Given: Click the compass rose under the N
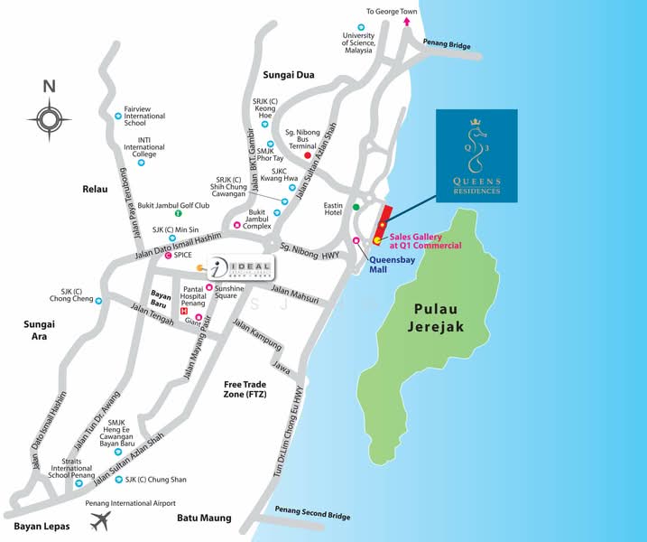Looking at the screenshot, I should (x=49, y=118).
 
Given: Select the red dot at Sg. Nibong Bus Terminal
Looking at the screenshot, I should (x=308, y=155).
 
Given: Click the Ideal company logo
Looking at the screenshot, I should (x=240, y=266).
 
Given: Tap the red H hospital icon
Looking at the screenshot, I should (x=185, y=313).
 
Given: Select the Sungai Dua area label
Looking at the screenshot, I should (x=288, y=75).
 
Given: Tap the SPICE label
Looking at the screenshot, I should (x=183, y=256).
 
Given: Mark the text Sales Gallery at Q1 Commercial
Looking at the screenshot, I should (x=425, y=240).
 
